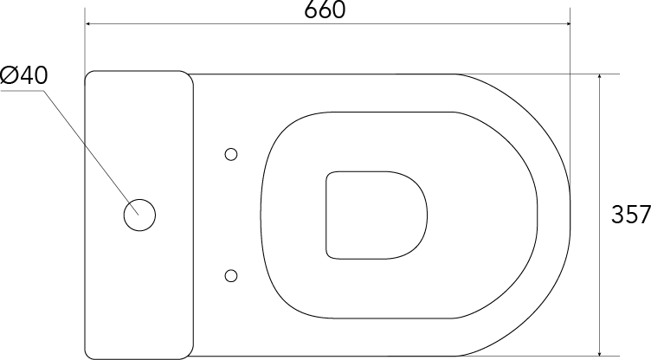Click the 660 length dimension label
[x=325, y=10]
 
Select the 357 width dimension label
[x=631, y=215]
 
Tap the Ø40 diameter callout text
[x=24, y=75]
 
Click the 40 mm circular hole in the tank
[x=139, y=215]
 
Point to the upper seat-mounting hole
[x=231, y=154]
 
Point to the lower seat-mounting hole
[x=231, y=276]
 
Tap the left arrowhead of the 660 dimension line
[x=88, y=24]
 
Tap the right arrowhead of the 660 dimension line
[x=566, y=24]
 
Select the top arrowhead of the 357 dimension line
[x=600, y=78]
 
